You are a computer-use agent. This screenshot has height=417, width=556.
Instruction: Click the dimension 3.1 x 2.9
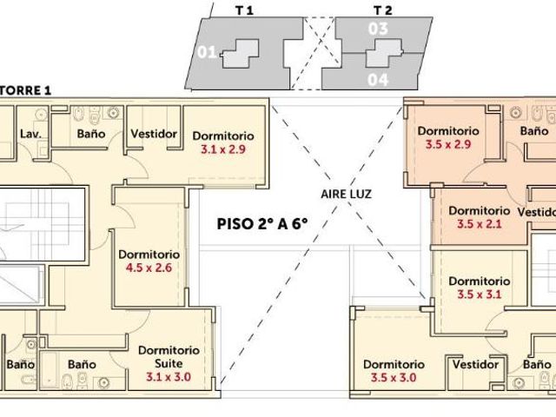coord(223,149)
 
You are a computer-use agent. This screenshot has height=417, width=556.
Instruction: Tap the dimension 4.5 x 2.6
coord(149,268)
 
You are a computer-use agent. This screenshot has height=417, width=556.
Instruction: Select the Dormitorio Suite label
coord(169,357)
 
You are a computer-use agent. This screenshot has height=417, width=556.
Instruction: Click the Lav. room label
coord(31,134)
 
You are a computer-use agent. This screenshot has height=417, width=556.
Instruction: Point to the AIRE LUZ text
coord(346,194)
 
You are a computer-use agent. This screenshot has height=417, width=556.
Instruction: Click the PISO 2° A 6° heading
coord(262,224)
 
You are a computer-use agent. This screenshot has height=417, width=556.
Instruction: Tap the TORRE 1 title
coord(25,90)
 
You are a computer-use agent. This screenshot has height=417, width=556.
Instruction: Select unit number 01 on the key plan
coord(207,52)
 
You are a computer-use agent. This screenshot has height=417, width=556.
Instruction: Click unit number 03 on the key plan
coord(378,29)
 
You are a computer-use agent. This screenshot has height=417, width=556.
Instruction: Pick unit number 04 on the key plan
coord(378,80)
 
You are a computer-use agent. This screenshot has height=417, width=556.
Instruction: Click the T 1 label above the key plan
coord(245,10)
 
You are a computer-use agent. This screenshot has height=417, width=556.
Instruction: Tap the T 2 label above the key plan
coord(383,10)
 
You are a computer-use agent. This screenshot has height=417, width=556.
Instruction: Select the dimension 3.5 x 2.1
coord(480,224)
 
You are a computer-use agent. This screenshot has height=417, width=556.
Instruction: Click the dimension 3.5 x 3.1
coord(480,295)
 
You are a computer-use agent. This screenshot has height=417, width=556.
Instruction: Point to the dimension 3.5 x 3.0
coord(394,378)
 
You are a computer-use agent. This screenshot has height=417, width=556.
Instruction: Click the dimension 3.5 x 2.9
coord(448,144)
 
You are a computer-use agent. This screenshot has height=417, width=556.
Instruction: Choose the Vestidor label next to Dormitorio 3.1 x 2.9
coord(154,134)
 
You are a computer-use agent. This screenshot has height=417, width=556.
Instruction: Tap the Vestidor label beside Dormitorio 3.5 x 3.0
coord(475,365)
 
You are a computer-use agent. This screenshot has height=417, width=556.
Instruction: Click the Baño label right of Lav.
coord(91,134)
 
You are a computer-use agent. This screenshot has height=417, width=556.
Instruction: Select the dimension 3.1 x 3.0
coord(169,376)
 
